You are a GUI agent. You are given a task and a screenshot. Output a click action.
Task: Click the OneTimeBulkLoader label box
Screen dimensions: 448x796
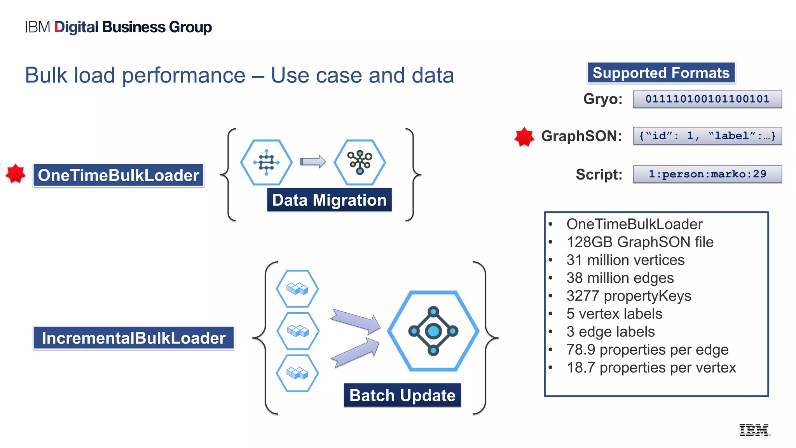coord(118,175)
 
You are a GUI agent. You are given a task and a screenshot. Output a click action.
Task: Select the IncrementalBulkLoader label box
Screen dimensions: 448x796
coord(133,338)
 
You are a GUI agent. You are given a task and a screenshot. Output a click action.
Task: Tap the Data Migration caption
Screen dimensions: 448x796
coord(329,200)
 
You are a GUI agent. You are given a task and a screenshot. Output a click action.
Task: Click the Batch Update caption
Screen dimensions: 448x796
coord(402,395)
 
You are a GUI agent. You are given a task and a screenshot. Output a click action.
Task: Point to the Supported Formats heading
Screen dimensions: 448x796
coord(661,73)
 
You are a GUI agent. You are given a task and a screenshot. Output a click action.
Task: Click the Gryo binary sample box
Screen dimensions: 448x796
coord(707,99)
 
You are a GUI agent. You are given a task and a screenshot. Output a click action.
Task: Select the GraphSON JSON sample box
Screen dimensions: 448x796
coord(707,136)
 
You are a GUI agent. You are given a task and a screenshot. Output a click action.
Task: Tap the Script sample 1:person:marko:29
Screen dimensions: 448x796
coord(707,174)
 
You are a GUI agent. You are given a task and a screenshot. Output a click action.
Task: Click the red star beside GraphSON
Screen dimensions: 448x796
coord(524,136)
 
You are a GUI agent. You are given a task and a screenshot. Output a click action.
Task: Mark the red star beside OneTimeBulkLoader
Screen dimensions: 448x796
coord(16,173)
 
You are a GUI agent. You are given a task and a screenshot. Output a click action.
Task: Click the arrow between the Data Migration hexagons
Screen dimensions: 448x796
coord(312,161)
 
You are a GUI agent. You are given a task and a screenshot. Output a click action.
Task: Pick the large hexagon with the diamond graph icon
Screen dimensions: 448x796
coord(433,331)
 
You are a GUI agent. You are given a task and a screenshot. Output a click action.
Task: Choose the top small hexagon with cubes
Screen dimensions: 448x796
coord(297,289)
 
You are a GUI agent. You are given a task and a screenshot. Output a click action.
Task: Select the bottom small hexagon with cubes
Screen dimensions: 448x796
coord(297,373)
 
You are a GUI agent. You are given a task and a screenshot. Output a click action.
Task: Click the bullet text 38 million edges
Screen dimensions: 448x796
coord(620,278)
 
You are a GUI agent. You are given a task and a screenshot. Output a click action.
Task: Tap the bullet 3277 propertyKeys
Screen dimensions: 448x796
coord(628,296)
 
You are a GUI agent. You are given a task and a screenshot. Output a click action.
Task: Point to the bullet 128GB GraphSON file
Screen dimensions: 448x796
coord(640,242)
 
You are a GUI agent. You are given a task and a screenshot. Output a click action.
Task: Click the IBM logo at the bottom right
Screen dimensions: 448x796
coord(754,430)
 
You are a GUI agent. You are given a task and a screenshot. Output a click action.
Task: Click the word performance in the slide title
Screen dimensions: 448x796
coord(183,75)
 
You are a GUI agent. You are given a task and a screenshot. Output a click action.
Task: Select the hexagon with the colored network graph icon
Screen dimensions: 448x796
coord(360,162)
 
